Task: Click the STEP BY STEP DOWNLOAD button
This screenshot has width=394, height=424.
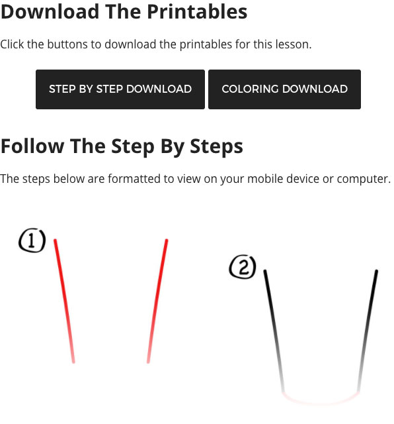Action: coord(120,89)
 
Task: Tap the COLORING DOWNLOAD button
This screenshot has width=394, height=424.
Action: coord(284,89)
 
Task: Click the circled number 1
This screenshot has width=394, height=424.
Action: coord(32,240)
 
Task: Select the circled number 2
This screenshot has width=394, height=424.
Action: coord(243,266)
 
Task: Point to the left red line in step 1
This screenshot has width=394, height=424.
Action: coord(64,301)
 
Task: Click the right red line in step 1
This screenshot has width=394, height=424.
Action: coord(157,301)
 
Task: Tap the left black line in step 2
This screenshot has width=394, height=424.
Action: coord(274,331)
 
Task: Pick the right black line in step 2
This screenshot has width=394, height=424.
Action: coord(368,331)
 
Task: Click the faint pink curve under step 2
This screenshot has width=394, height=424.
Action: coord(321,403)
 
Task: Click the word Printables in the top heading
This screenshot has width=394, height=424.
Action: coord(197,13)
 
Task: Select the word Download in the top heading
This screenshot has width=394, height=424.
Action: coord(50,12)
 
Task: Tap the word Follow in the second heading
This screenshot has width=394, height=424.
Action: coord(32,146)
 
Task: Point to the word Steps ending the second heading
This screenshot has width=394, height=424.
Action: coord(216,147)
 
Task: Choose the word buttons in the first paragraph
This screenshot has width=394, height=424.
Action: coord(67,44)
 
